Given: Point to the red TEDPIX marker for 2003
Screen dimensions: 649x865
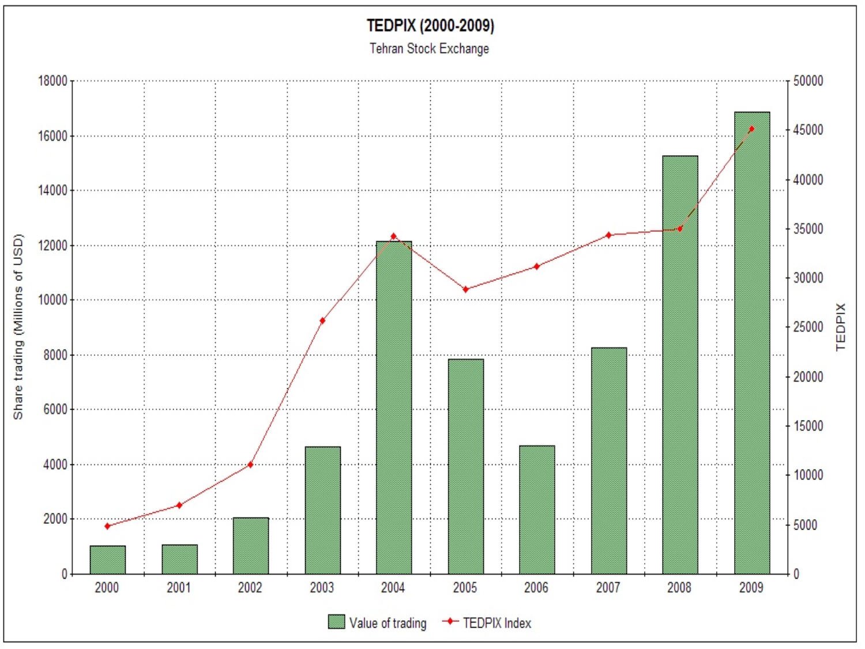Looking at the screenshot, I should coord(322,321).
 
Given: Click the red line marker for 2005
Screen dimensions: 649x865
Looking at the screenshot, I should coord(465,289).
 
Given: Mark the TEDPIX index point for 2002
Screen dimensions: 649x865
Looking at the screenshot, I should coord(250,464).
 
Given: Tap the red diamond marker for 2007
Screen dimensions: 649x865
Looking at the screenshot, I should coord(608,235).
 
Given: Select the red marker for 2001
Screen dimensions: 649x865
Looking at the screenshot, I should coord(179,505).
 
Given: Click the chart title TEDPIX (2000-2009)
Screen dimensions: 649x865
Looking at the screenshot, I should coord(430,26).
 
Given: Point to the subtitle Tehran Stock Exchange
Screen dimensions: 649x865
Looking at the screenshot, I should coord(429,48).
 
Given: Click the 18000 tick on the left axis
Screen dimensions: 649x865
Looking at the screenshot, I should coord(52,81).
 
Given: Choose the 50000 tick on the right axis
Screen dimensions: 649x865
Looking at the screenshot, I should coord(808,81).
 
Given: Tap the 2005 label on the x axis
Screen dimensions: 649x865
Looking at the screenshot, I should coord(465,588).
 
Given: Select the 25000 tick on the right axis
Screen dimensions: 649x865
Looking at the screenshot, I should coord(808,327).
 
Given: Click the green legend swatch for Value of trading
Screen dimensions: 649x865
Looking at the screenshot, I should coord(336,622).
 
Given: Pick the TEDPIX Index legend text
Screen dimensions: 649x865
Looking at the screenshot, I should coord(497,623).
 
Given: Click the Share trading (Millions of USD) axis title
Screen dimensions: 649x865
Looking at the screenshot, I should coord(18,327).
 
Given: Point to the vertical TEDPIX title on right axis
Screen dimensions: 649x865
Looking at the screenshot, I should coord(840,327).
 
